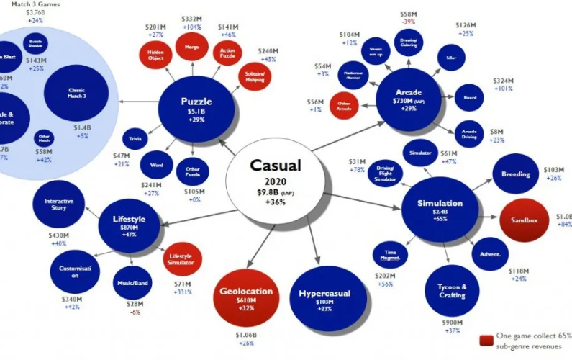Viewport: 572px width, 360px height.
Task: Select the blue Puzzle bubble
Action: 197,109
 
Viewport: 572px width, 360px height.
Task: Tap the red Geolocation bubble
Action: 246,296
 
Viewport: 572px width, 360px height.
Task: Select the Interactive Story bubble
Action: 59,204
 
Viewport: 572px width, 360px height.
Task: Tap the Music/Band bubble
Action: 132,284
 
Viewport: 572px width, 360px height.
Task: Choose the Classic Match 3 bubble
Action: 76,93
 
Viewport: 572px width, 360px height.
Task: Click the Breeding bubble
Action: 516,174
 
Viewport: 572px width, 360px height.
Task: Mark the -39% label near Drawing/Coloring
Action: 409,22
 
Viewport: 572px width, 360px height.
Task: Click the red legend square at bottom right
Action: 486,340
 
